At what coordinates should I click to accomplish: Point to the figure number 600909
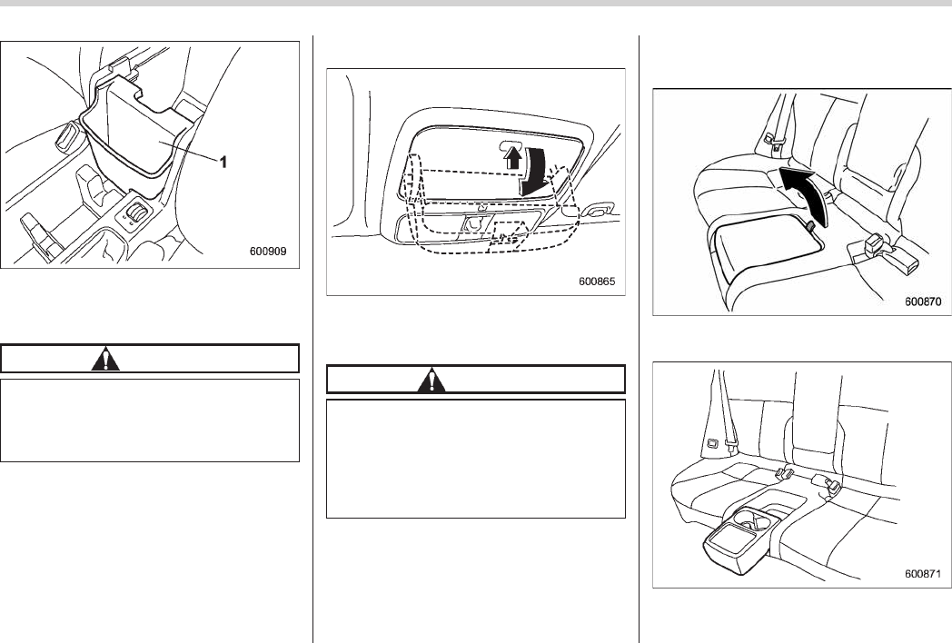tap(268, 252)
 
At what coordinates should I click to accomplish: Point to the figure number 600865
tap(596, 281)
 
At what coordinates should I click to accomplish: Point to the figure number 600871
tap(923, 573)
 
